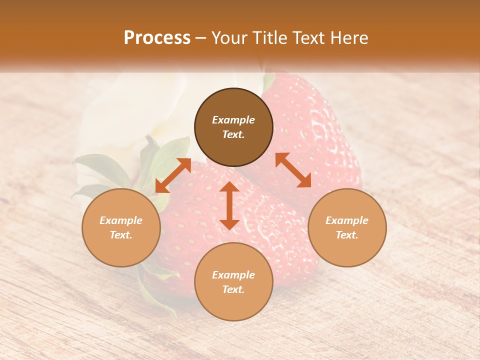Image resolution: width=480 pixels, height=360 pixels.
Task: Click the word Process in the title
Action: coord(157,37)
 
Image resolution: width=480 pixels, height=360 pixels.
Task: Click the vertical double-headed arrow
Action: coord(229,205)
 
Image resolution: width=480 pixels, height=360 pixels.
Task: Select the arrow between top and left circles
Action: coord(173,175)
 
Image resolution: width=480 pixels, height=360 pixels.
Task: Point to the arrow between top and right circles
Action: coord(293,170)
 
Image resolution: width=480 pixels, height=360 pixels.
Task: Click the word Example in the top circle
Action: coord(233,120)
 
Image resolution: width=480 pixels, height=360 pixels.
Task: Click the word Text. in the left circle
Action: coord(121,235)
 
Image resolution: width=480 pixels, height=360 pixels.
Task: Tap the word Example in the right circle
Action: coord(347,220)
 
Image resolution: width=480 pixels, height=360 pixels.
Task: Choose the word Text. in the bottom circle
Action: coord(233,289)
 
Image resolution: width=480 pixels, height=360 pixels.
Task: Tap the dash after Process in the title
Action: coord(201,38)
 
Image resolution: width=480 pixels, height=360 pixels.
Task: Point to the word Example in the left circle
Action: coord(121,220)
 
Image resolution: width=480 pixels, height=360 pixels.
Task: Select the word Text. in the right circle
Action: coord(347,235)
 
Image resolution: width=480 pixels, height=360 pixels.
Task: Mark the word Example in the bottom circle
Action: coord(233,275)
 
